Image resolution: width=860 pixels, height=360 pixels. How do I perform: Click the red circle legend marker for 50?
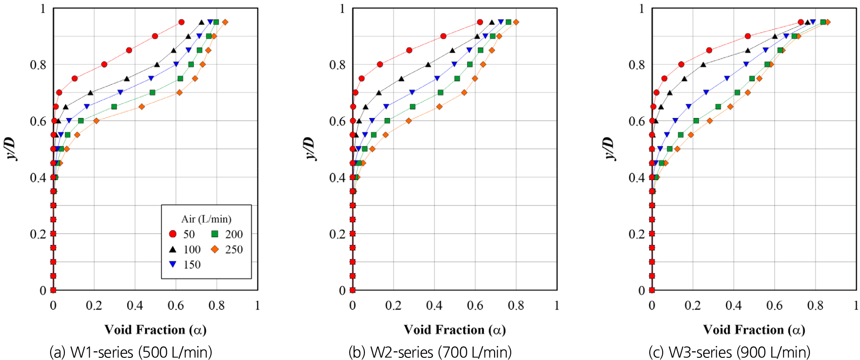point(173,234)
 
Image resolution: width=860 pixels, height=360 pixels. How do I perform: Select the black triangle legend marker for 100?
point(173,249)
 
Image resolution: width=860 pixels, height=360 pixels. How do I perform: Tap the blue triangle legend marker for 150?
point(173,265)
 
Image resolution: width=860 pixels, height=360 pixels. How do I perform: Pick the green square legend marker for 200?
point(215,234)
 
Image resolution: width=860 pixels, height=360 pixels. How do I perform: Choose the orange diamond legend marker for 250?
point(215,249)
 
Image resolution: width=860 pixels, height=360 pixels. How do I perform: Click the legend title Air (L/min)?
point(206,219)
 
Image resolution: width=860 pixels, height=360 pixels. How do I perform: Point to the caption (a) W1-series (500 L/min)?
point(131,352)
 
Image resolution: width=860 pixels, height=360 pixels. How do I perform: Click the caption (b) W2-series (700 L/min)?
point(430,352)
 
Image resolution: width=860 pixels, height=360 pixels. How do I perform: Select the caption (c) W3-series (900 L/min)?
point(729,352)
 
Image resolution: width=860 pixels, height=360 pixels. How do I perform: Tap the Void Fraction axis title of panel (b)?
point(455,330)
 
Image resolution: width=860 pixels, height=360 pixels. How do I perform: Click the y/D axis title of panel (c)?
point(609,148)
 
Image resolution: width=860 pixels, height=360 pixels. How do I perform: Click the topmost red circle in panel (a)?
point(182,22)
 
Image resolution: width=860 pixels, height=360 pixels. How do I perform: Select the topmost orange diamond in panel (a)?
point(225,22)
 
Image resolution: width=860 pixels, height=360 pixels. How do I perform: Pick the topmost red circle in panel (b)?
point(480,22)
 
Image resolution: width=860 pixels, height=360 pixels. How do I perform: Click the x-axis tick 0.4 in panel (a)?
point(135,306)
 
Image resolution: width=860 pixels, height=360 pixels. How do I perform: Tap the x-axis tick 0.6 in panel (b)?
point(475,306)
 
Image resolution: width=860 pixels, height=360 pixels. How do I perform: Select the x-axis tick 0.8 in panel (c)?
point(815,306)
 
